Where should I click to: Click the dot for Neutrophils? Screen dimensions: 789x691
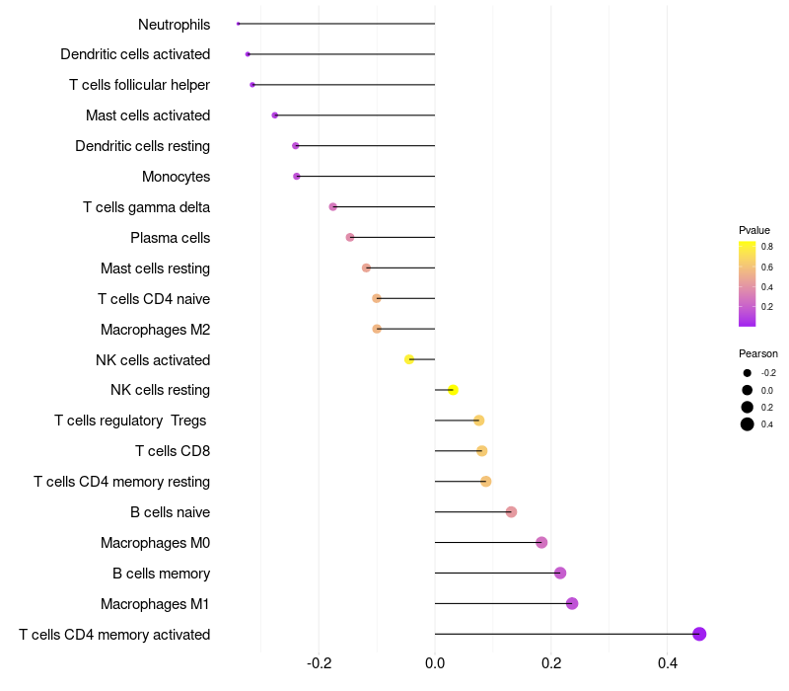click(x=238, y=24)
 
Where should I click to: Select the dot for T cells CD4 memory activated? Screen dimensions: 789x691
click(x=699, y=634)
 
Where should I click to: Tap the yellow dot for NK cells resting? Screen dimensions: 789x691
click(x=453, y=390)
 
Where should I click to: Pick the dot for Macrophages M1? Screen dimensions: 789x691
click(x=572, y=603)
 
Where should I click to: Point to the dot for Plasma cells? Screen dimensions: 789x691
click(x=350, y=237)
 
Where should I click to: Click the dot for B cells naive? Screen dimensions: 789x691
click(x=511, y=512)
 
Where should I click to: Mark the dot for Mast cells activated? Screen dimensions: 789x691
click(x=275, y=115)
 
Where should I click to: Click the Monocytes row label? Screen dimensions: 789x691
click(x=177, y=177)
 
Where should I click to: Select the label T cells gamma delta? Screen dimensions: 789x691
click(x=146, y=207)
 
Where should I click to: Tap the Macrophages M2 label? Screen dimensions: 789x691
click(x=156, y=330)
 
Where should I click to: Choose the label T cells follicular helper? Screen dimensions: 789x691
click(x=139, y=85)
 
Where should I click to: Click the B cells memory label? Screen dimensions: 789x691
click(x=162, y=574)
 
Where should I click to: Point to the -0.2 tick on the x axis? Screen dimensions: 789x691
click(x=319, y=663)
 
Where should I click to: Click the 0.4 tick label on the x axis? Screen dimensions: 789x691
click(x=668, y=663)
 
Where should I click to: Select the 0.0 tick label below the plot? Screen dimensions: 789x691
click(x=435, y=663)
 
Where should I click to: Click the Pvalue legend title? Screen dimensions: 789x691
click(x=754, y=230)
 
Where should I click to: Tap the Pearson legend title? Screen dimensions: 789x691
click(x=758, y=353)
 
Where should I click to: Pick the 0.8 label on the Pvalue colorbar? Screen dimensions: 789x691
click(x=767, y=247)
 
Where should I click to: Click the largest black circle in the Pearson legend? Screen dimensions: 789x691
click(x=748, y=424)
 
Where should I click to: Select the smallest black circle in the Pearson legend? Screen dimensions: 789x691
click(x=748, y=373)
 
